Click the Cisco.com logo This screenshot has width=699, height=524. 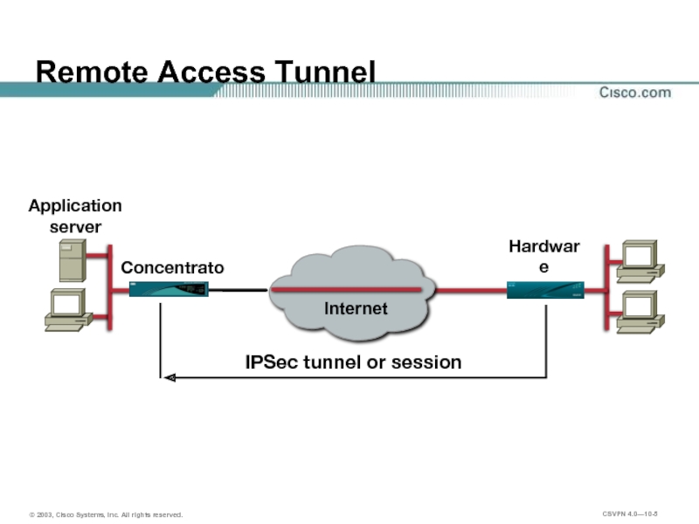634,92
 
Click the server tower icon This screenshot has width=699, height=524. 72,259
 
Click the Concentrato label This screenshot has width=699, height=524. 172,267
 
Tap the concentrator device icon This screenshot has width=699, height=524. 170,290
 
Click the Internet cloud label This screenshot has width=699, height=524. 356,308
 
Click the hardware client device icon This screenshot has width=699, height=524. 544,290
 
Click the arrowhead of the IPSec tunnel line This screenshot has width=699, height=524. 170,377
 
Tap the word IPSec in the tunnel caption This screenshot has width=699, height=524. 271,362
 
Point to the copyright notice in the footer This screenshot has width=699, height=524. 106,515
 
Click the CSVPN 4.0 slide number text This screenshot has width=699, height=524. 629,514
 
